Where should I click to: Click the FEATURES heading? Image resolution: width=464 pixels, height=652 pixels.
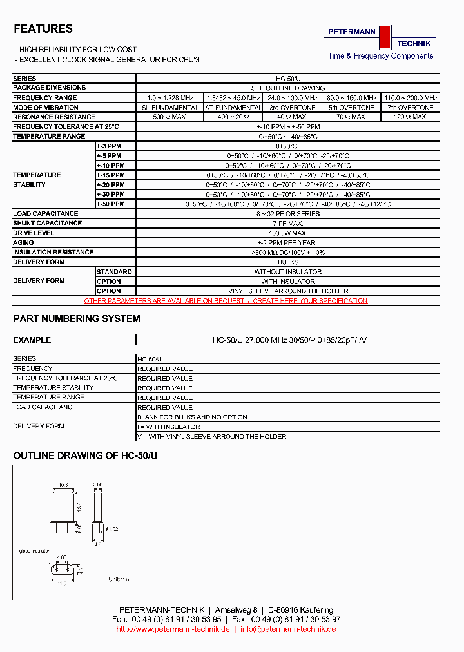click(x=43, y=29)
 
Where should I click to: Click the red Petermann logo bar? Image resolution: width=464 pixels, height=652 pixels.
click(x=385, y=37)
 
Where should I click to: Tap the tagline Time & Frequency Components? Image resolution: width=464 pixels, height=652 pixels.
click(x=380, y=56)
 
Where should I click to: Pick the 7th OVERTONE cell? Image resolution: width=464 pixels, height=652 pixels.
click(x=411, y=108)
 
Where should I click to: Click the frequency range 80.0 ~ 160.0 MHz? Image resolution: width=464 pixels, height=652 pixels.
click(x=351, y=98)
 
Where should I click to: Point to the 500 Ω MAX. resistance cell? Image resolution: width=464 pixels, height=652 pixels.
click(x=170, y=117)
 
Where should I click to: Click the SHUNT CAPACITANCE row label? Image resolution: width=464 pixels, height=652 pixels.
click(x=48, y=224)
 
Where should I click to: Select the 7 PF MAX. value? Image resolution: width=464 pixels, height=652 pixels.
click(x=287, y=224)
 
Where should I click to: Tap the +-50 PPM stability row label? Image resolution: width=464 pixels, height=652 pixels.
click(x=110, y=204)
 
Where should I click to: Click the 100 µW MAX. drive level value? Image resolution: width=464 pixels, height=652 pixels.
click(x=287, y=233)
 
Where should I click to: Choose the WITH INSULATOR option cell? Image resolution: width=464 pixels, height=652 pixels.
click(x=287, y=282)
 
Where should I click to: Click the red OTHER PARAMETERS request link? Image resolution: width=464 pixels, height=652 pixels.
click(x=226, y=301)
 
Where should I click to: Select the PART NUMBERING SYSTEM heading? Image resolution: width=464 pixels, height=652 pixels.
click(x=77, y=319)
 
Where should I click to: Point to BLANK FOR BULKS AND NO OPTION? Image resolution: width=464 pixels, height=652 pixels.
click(x=192, y=417)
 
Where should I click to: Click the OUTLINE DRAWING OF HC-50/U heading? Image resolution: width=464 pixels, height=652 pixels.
click(x=85, y=455)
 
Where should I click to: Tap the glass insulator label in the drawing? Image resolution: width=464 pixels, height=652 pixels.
click(x=34, y=552)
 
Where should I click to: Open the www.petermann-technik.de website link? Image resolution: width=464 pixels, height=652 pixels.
click(x=173, y=629)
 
